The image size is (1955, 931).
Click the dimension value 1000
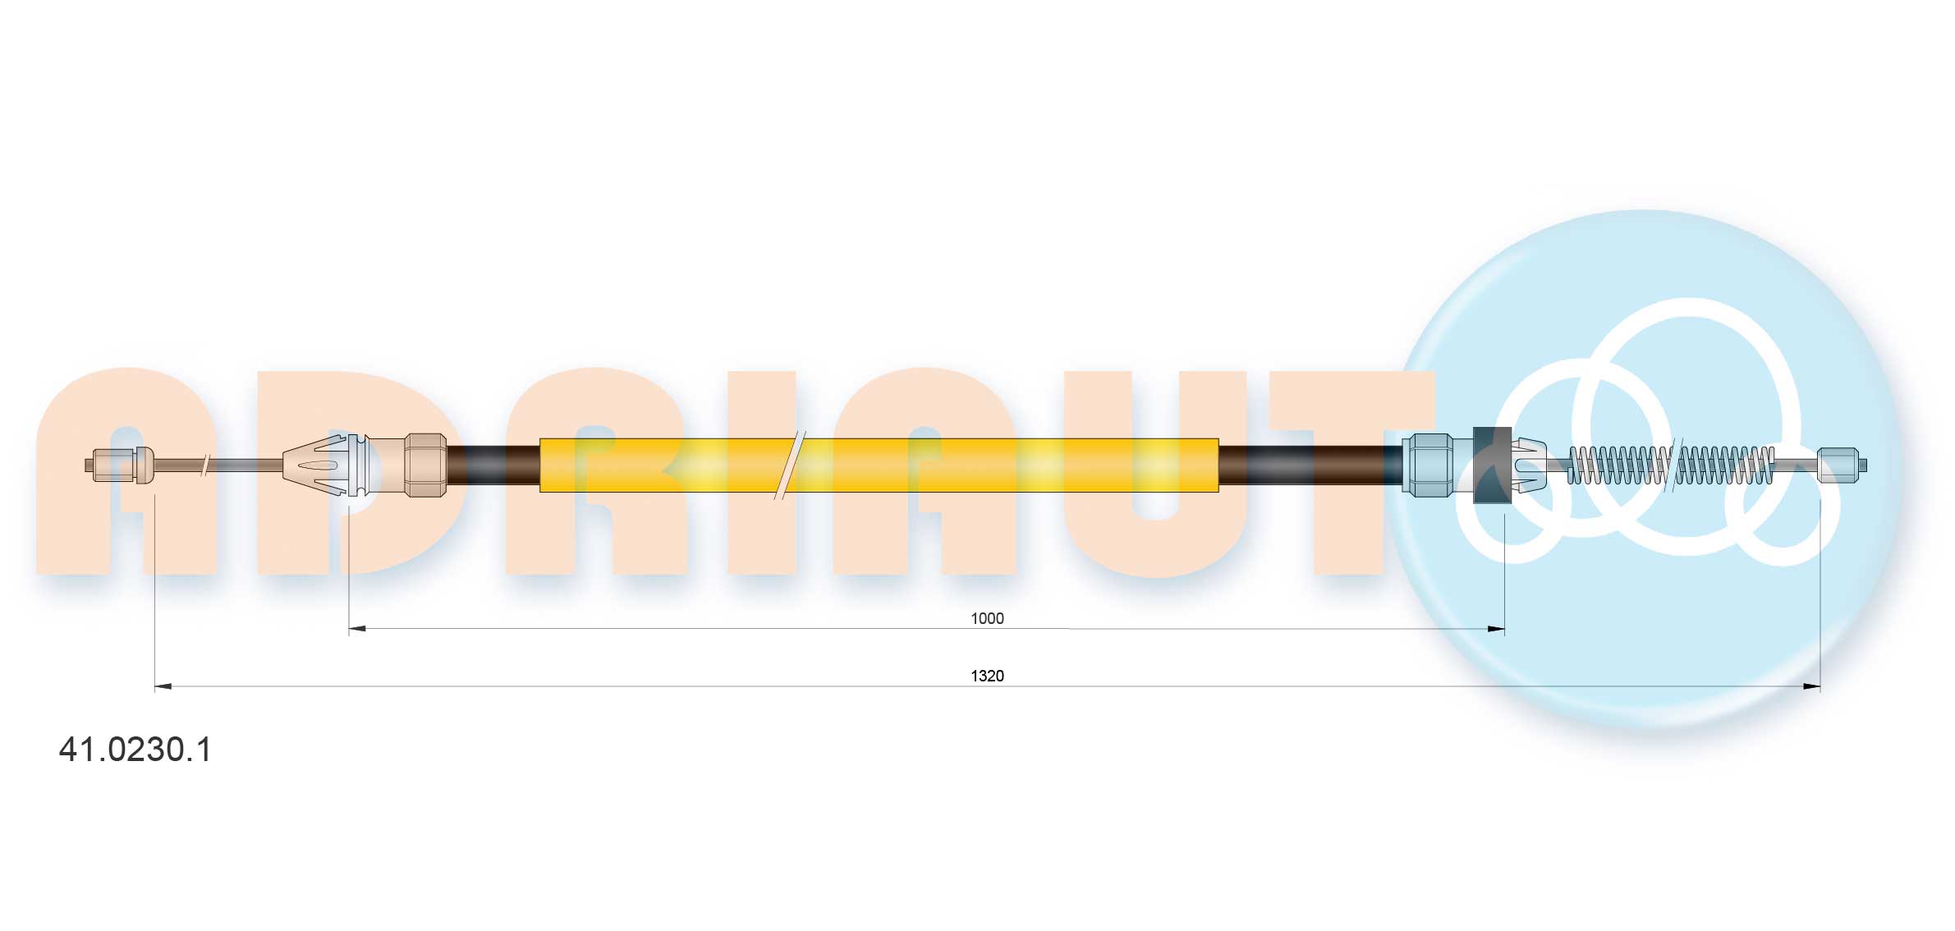pos(986,618)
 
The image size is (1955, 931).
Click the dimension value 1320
pos(986,676)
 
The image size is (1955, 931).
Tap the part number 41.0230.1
pos(135,750)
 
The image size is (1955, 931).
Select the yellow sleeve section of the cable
pos(985,465)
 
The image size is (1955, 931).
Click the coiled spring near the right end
pos(1671,465)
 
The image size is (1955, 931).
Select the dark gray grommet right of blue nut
pos(1491,465)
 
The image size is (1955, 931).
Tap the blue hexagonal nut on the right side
pos(1427,465)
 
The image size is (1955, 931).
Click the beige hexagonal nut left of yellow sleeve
pos(425,465)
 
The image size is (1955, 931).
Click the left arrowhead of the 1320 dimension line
pos(163,686)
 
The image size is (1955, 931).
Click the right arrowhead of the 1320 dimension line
pos(1811,686)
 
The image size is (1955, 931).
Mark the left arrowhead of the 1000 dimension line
pos(357,629)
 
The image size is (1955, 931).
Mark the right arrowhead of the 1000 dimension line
pos(1496,629)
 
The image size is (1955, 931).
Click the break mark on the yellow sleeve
pos(789,465)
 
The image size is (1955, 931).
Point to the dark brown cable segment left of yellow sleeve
pos(493,465)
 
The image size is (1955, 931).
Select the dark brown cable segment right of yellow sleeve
pos(1310,465)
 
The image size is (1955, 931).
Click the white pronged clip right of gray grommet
pos(1528,465)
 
